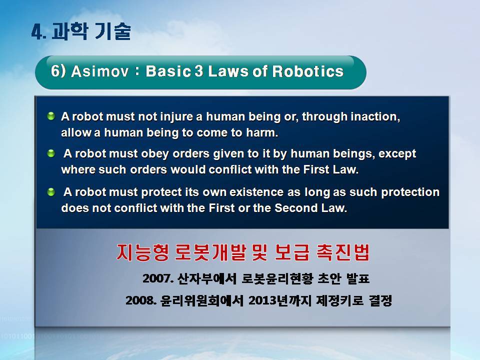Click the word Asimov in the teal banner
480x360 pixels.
point(100,71)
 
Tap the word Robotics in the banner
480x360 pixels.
point(308,71)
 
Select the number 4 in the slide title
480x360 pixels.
point(37,32)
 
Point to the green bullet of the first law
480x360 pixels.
point(51,116)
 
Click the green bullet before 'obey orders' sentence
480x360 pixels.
point(51,153)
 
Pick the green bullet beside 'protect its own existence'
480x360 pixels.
point(51,192)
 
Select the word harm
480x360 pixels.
point(262,132)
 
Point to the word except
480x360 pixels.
point(397,153)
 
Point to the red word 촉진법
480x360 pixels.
point(343,252)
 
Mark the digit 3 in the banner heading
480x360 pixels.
point(199,71)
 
